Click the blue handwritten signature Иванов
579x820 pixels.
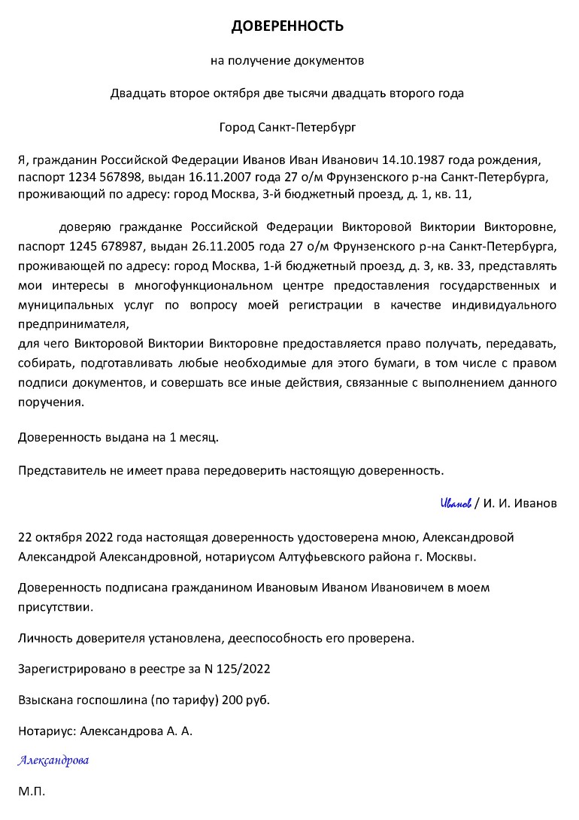(x=456, y=503)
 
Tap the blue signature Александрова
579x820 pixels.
(x=53, y=761)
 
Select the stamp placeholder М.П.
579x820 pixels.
(x=32, y=791)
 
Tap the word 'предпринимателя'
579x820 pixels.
(x=74, y=324)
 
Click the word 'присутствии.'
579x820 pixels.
(x=56, y=606)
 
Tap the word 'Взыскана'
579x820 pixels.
(x=44, y=700)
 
